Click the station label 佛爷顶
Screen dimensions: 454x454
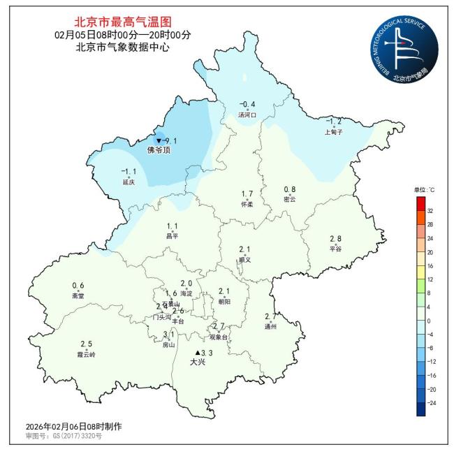click(x=159, y=150)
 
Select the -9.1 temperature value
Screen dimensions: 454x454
click(x=168, y=140)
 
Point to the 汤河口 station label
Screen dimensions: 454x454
click(x=248, y=115)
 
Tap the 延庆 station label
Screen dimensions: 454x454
click(x=128, y=182)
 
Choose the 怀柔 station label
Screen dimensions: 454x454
click(x=247, y=204)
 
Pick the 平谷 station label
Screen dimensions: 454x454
click(x=335, y=249)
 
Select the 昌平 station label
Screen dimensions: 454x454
click(x=173, y=236)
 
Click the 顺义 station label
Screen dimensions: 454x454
click(x=244, y=259)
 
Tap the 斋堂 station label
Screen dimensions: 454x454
click(x=78, y=295)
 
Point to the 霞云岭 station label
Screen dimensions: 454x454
click(x=86, y=354)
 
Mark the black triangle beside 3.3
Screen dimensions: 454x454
click(x=198, y=353)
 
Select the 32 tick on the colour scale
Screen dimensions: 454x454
click(x=430, y=210)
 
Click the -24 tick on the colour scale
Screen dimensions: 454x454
click(x=431, y=403)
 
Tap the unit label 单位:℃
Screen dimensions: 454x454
click(x=423, y=190)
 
